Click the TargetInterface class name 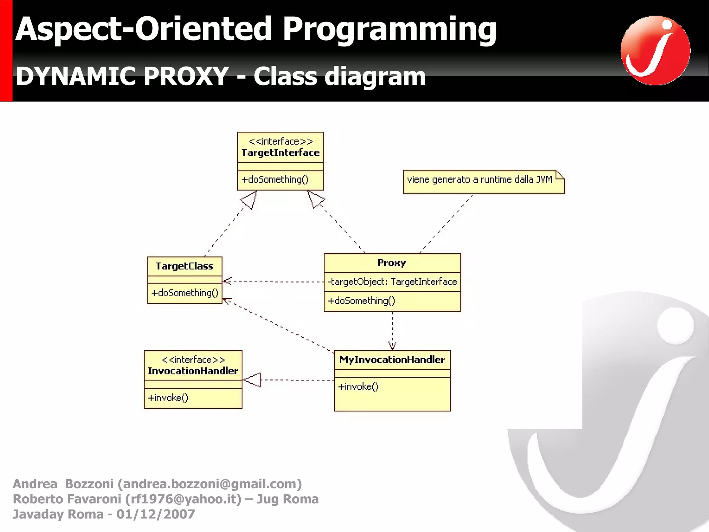click(280, 152)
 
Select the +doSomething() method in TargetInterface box click(275, 180)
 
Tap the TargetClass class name click(184, 266)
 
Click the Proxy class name click(392, 263)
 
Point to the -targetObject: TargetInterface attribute click(392, 282)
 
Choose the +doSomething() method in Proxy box click(361, 301)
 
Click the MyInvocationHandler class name click(392, 360)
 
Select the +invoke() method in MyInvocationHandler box click(358, 387)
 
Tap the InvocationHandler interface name click(193, 371)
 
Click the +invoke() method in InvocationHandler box click(168, 398)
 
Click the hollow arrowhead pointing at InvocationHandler click(252, 380)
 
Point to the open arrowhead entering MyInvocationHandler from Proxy click(392, 346)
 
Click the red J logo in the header click(655, 50)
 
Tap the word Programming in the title click(389, 29)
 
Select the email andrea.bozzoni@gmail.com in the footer click(210, 484)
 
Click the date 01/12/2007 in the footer click(156, 514)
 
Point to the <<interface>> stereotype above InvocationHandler click(193, 360)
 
